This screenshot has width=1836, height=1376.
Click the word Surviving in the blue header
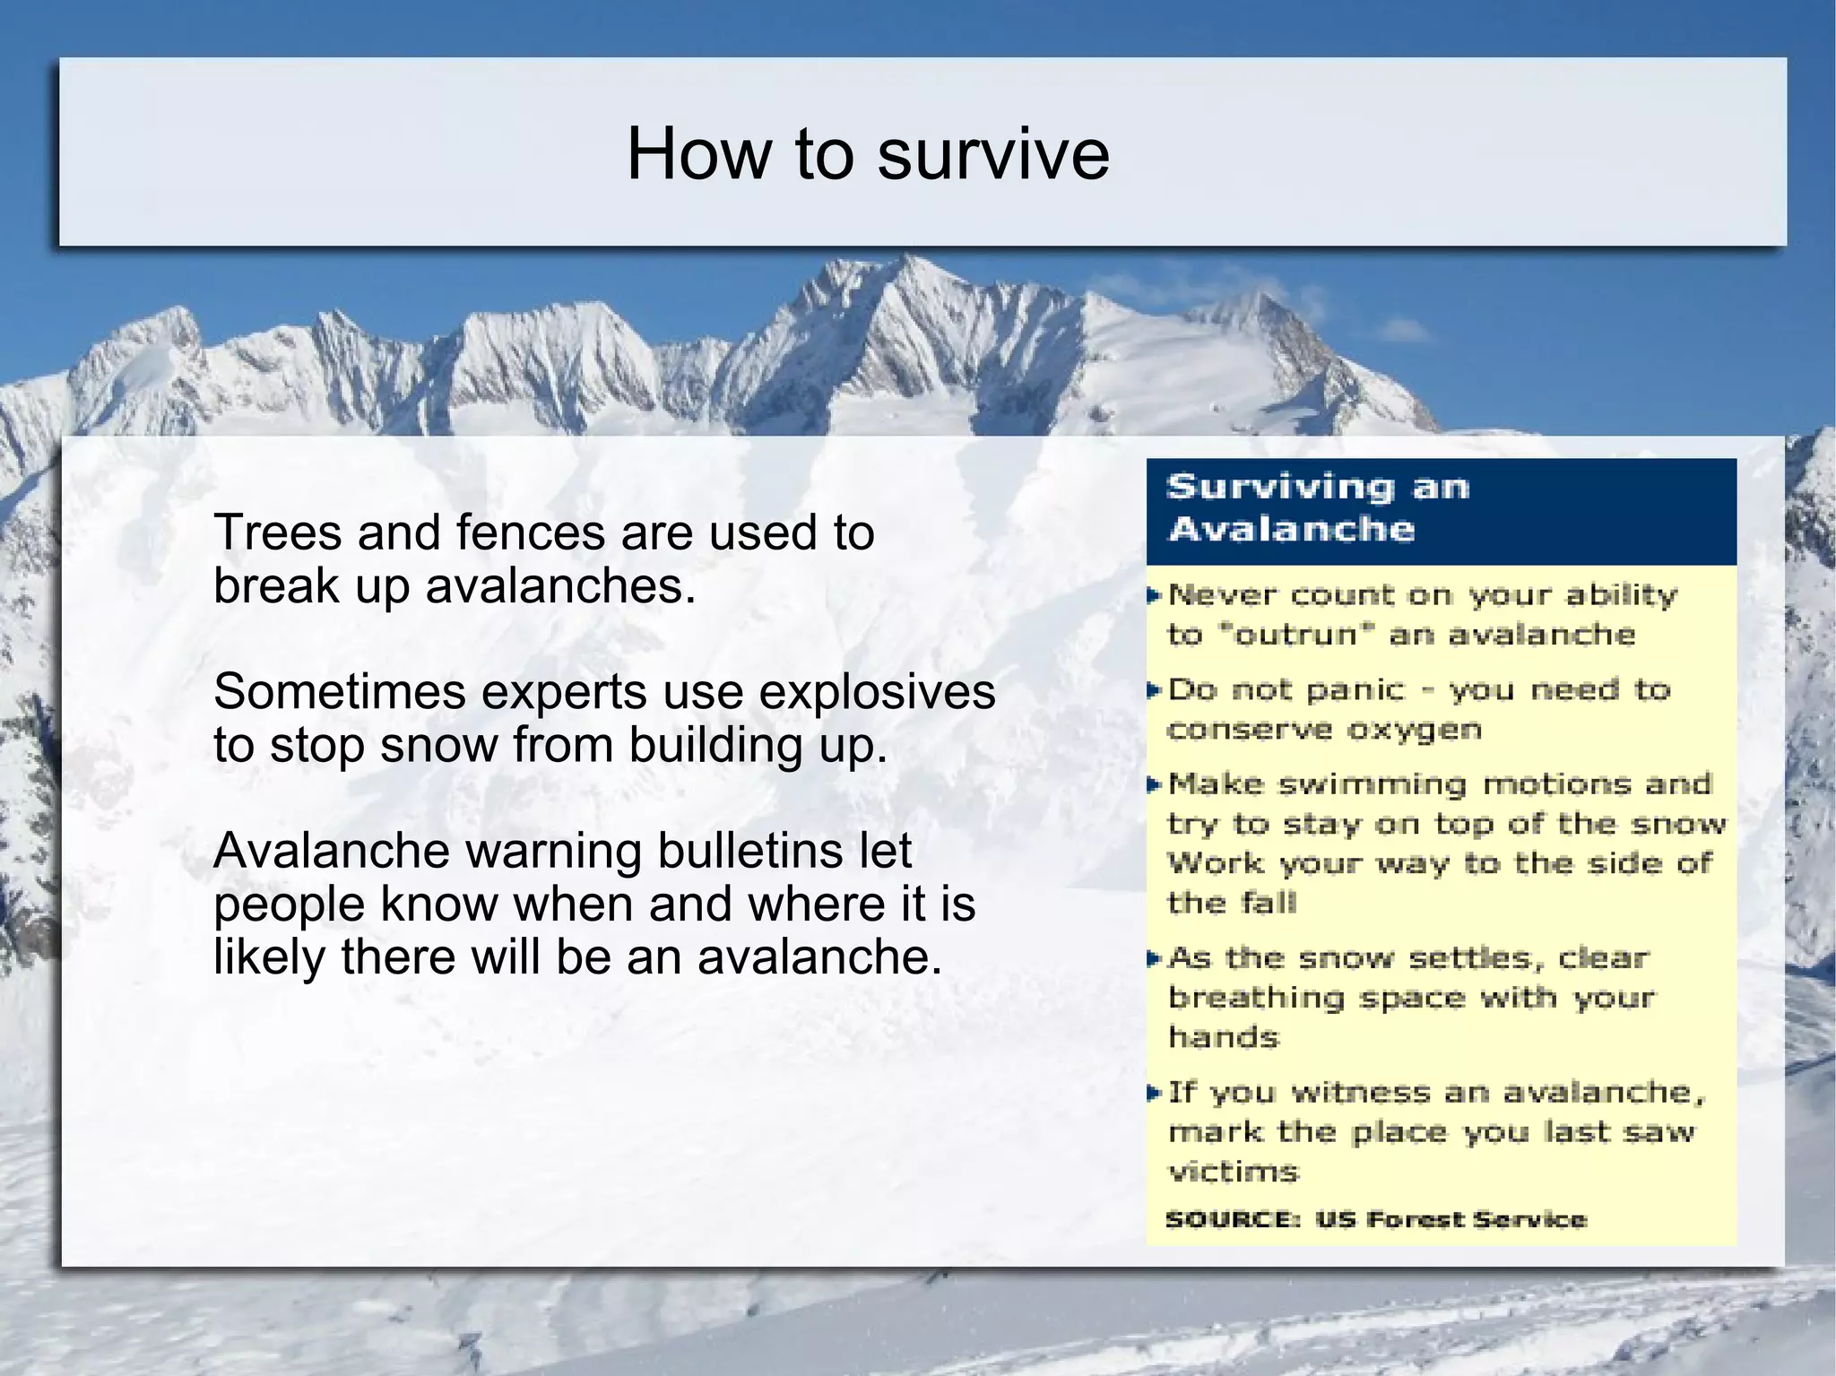[1279, 487]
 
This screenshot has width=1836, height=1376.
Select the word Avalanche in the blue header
[1291, 529]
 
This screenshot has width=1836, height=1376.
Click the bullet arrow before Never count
[1155, 595]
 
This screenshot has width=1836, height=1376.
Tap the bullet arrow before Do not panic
[1155, 690]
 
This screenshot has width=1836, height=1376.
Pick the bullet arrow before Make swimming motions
[1155, 785]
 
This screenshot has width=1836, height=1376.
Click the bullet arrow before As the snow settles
[1155, 959]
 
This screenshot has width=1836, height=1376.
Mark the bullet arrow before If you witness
[1155, 1093]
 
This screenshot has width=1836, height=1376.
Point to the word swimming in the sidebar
[1372, 784]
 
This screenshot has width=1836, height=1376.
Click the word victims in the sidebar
[1233, 1172]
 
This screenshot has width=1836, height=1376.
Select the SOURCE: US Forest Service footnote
[1375, 1219]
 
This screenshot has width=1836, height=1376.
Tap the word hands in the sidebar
[1223, 1037]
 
